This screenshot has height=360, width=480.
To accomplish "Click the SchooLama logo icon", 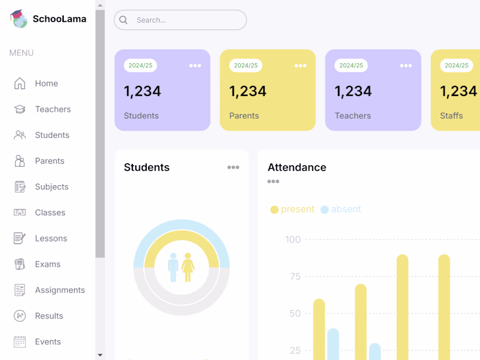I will tap(19, 19).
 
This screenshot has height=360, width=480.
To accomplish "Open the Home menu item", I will tap(46, 84).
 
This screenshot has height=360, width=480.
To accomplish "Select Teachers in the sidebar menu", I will tap(52, 110).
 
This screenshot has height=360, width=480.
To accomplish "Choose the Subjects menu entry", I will tap(51, 187).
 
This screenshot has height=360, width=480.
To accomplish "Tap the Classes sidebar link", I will tap(50, 213).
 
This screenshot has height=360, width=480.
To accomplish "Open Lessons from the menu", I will tap(51, 239).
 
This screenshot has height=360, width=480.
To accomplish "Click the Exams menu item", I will tap(47, 265).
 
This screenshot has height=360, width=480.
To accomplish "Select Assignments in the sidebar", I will tap(60, 290).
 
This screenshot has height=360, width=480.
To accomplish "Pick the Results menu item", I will tap(49, 316).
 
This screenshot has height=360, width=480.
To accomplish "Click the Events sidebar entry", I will tap(48, 342).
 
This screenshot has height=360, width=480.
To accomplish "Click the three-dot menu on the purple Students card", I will tap(195, 66).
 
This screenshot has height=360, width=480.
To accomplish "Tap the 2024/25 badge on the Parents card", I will tap(245, 66).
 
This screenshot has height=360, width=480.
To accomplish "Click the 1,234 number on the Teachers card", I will tap(352, 91).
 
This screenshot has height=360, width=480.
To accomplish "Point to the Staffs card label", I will tap(451, 116).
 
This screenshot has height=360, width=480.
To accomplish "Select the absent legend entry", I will tap(341, 209).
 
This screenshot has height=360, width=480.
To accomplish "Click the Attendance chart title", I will tap(297, 167).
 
